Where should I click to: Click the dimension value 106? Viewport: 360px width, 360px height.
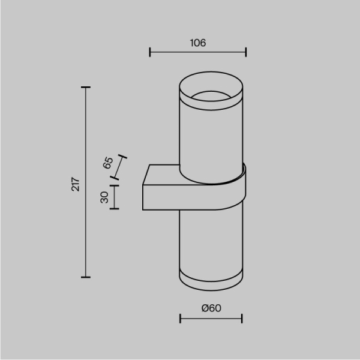[x=198, y=43]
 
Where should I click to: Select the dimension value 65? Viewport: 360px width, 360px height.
[x=109, y=163]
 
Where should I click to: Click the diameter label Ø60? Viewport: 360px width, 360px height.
[x=211, y=308]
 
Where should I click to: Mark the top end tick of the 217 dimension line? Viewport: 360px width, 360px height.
[x=86, y=88]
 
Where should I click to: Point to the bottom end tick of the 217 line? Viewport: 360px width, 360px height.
[x=86, y=277]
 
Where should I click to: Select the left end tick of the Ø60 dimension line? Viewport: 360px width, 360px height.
[x=181, y=318]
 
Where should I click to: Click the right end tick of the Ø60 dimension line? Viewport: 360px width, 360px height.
[x=242, y=318]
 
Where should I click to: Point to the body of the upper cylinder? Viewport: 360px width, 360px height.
[x=211, y=138]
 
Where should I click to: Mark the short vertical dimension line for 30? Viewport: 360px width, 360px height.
[x=115, y=196]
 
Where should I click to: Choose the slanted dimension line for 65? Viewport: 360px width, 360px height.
[x=121, y=166]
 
